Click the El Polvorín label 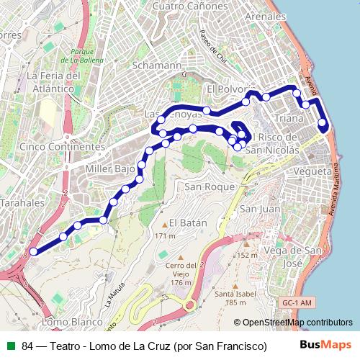pos(230,89)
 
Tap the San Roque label pos(205,186)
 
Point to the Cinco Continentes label pos(63,146)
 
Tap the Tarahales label pos(22,204)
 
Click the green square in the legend pos(11,346)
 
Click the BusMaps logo pos(326,345)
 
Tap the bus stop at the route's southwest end pos(33,251)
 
